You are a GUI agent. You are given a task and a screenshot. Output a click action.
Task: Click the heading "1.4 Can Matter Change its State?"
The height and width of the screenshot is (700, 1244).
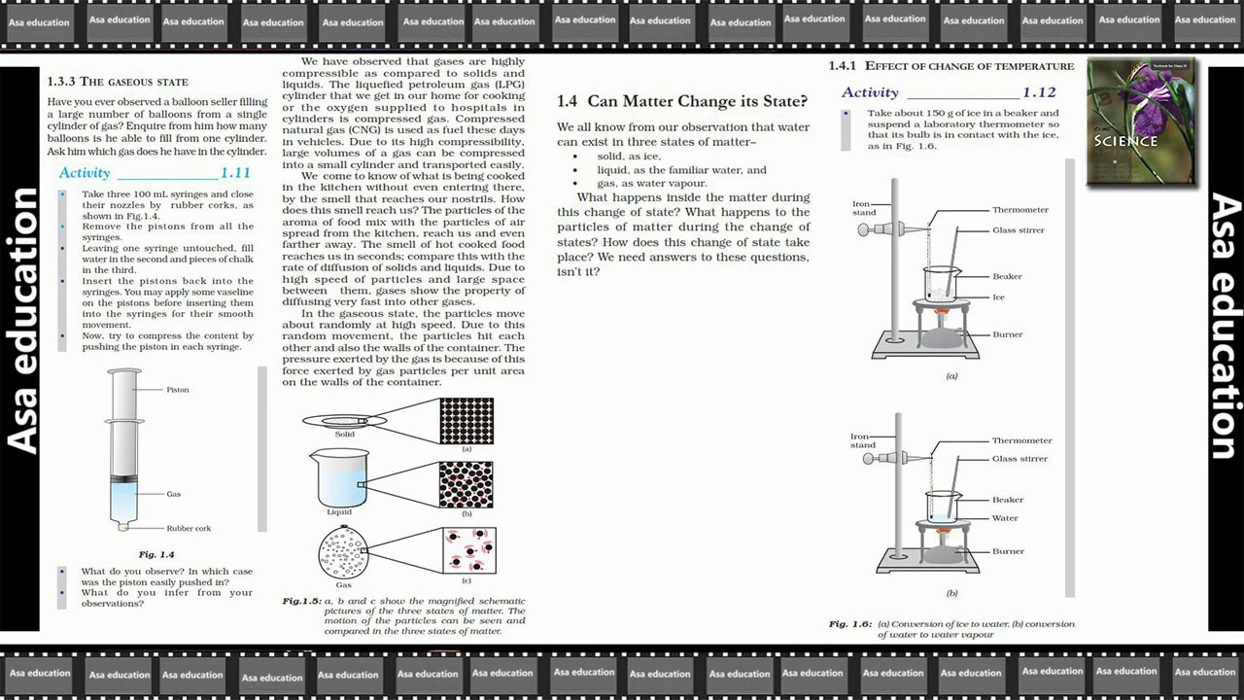[x=681, y=101]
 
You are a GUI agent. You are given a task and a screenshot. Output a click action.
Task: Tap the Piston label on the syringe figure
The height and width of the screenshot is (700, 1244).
[x=178, y=390]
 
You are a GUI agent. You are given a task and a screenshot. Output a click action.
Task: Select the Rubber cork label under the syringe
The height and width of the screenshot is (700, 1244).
[x=189, y=529]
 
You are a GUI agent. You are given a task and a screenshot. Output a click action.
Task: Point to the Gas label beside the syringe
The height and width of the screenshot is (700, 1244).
[x=173, y=494]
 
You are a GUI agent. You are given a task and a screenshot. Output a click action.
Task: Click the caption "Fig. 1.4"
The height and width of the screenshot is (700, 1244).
[x=156, y=554]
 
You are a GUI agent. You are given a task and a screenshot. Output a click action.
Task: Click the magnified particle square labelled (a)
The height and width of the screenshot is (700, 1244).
[x=466, y=420]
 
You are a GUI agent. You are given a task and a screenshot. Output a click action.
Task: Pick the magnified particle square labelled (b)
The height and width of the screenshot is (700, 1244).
[x=466, y=484]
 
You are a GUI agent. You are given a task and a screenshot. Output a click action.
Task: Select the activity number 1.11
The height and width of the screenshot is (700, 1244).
[x=235, y=173]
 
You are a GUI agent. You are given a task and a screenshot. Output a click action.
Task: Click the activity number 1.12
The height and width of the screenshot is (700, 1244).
[x=1038, y=92]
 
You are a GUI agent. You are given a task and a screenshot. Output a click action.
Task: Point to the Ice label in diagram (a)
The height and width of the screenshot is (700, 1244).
[x=998, y=297]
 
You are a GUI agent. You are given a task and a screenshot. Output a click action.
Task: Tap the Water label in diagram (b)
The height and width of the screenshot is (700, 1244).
[x=1005, y=518]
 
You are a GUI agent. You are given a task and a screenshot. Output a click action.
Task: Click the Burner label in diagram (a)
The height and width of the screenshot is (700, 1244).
[x=1007, y=334]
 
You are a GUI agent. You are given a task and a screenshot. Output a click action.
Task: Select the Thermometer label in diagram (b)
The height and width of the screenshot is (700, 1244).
[x=1021, y=440]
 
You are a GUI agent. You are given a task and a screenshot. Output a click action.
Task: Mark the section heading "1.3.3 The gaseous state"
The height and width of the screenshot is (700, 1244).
[x=118, y=82]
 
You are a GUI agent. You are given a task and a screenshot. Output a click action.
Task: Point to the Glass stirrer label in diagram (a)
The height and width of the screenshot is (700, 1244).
[x=1019, y=230]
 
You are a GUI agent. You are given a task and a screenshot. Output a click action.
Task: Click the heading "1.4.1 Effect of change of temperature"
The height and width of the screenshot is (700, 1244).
[x=950, y=66]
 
